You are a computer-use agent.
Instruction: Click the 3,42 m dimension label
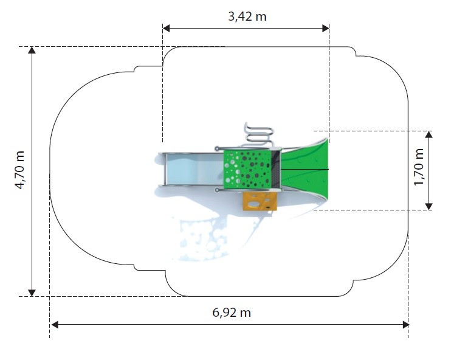pos(247,16)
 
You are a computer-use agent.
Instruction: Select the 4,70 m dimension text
pos(20,170)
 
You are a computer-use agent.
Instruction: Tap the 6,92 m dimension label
pos(232,312)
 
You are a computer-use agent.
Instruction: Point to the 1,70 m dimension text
pos(419,167)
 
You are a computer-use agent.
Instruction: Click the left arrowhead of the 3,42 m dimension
pos(166,28)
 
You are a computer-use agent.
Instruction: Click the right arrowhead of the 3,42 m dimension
pos(326,28)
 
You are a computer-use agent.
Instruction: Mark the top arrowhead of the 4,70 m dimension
pos(32,50)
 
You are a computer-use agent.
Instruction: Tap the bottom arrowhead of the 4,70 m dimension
pos(32,292)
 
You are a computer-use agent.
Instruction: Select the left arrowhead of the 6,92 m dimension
pos(54,325)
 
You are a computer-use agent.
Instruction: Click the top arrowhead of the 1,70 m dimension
pos(429,134)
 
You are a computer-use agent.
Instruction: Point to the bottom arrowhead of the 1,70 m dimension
pos(429,206)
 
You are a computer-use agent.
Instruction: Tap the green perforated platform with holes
pos(247,170)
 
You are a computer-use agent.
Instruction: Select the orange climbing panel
pos(260,201)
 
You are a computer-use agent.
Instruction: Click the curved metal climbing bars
pos(258,134)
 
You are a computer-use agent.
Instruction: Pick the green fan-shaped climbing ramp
pos(305,170)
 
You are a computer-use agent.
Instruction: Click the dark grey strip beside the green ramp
pos(276,170)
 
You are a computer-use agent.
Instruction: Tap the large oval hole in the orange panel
pos(254,204)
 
